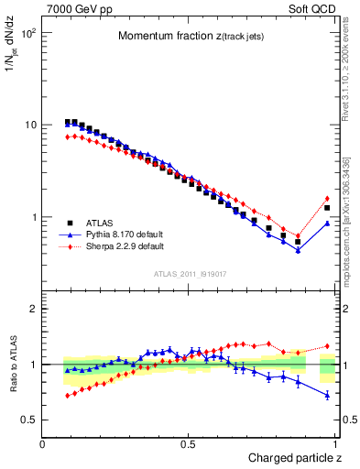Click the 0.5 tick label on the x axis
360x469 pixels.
point(189,444)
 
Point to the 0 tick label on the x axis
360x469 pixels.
point(43,444)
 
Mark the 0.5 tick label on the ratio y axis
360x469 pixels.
point(29,420)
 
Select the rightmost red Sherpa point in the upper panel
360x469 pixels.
point(327,198)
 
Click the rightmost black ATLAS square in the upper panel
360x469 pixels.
point(327,208)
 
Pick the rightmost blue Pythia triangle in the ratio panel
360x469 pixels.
point(327,395)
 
